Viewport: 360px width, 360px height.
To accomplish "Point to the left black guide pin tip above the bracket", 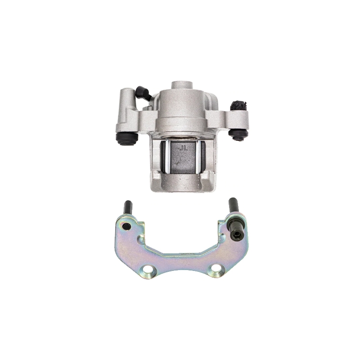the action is click(128, 207).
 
